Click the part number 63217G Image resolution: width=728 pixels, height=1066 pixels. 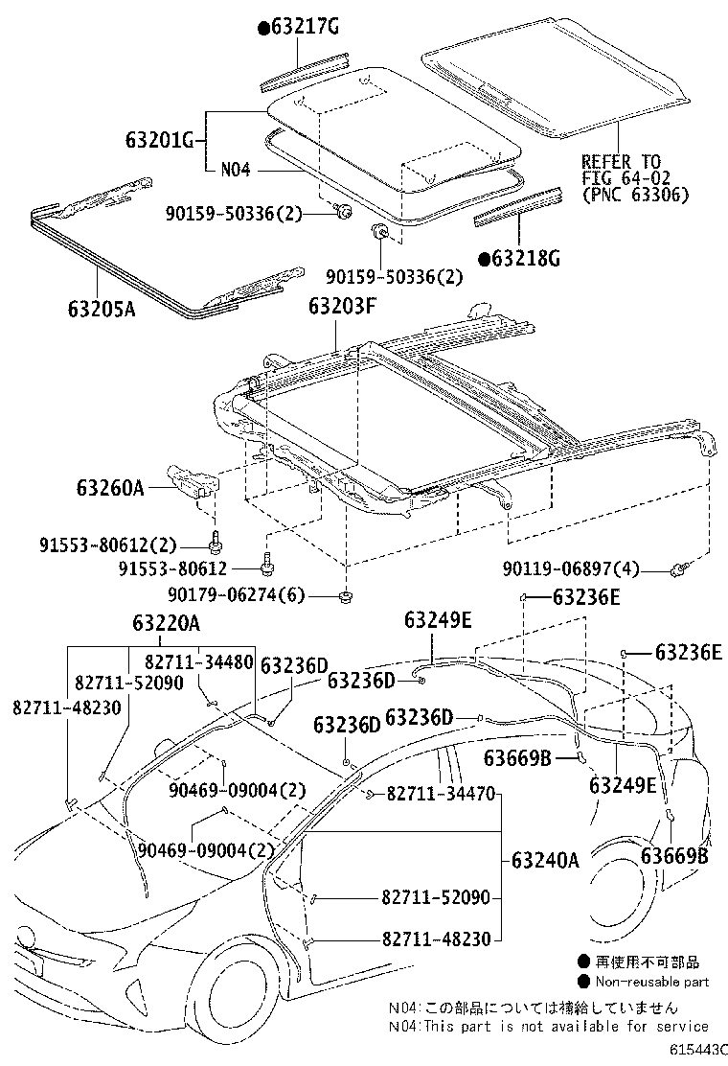click(x=304, y=27)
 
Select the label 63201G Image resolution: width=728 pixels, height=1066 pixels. click(x=160, y=141)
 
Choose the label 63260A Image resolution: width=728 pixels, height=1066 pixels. click(x=110, y=488)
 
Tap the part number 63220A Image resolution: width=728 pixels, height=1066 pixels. click(x=160, y=624)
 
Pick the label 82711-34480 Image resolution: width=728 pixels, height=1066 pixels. click(x=199, y=660)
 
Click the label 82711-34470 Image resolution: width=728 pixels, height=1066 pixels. click(x=441, y=794)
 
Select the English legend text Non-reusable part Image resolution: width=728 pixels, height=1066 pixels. click(x=651, y=981)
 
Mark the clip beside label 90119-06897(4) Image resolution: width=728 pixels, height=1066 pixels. click(x=682, y=572)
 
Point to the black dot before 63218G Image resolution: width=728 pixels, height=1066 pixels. click(x=484, y=258)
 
